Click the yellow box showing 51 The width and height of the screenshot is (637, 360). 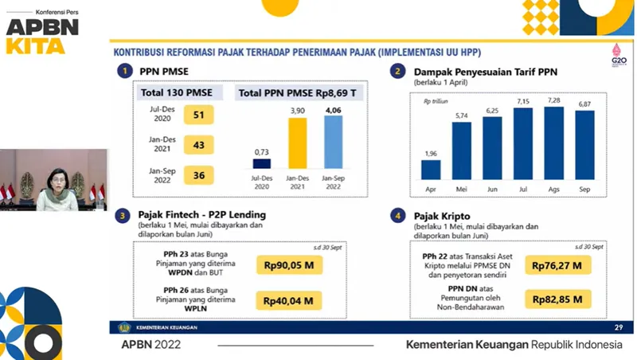click(199, 115)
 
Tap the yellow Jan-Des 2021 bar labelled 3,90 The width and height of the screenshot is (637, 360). click(296, 154)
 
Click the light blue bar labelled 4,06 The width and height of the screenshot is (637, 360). click(334, 152)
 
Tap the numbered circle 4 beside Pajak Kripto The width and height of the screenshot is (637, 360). click(398, 216)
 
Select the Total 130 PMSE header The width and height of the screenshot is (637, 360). click(181, 93)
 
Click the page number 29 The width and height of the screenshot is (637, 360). click(618, 328)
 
